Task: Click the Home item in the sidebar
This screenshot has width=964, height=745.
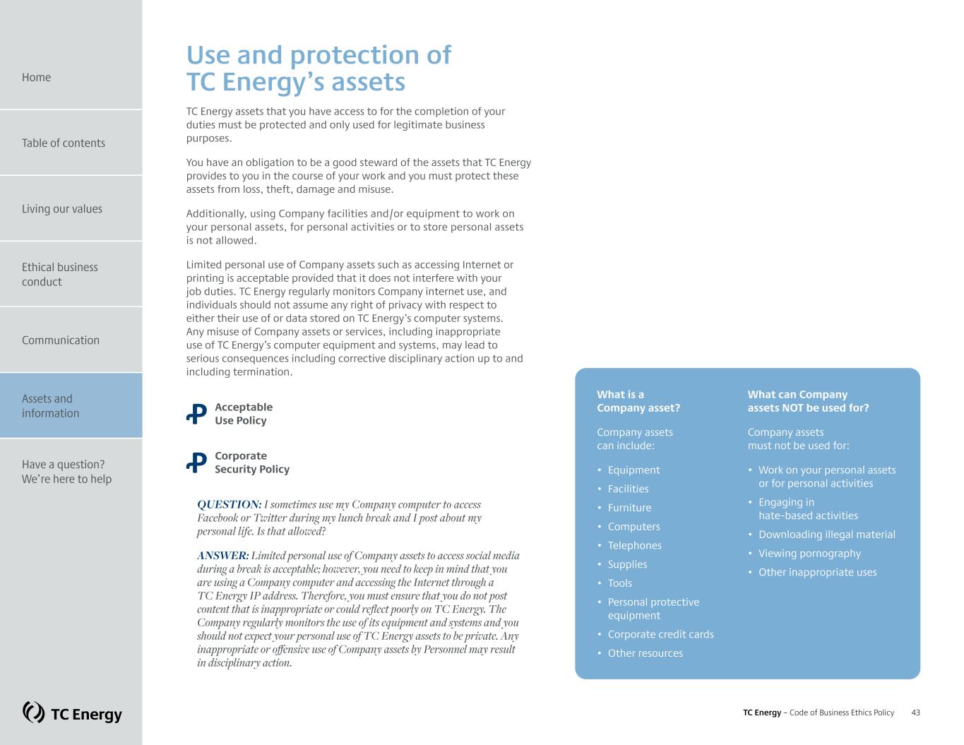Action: [x=36, y=77]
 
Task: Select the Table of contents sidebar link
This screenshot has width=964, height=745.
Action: [x=63, y=143]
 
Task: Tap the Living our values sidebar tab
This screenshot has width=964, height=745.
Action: [x=61, y=208]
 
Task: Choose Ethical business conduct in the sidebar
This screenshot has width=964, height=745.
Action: [x=59, y=274]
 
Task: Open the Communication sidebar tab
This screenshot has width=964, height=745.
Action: [x=60, y=340]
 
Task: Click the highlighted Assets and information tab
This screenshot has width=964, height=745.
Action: [x=49, y=405]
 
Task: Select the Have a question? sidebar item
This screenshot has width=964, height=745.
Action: [x=66, y=471]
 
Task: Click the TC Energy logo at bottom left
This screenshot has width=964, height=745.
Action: [x=72, y=713]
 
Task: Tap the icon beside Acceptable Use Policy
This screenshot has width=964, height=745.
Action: [x=196, y=414]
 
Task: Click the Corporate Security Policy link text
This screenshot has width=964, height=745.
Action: [x=251, y=463]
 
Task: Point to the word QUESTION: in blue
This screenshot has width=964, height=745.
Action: [x=229, y=504]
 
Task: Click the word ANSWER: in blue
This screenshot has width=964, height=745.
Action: [x=222, y=556]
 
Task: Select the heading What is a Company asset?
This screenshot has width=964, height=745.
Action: [x=638, y=401]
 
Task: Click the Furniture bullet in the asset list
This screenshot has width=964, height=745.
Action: [x=629, y=508]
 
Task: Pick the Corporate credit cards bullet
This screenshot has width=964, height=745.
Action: [x=660, y=634]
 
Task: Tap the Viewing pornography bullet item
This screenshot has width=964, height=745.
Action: [x=809, y=554]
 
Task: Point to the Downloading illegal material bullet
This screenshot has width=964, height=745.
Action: [x=826, y=535]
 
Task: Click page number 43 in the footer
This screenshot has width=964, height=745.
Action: [x=915, y=713]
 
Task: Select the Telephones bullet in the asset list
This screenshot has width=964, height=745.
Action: [x=634, y=545]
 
